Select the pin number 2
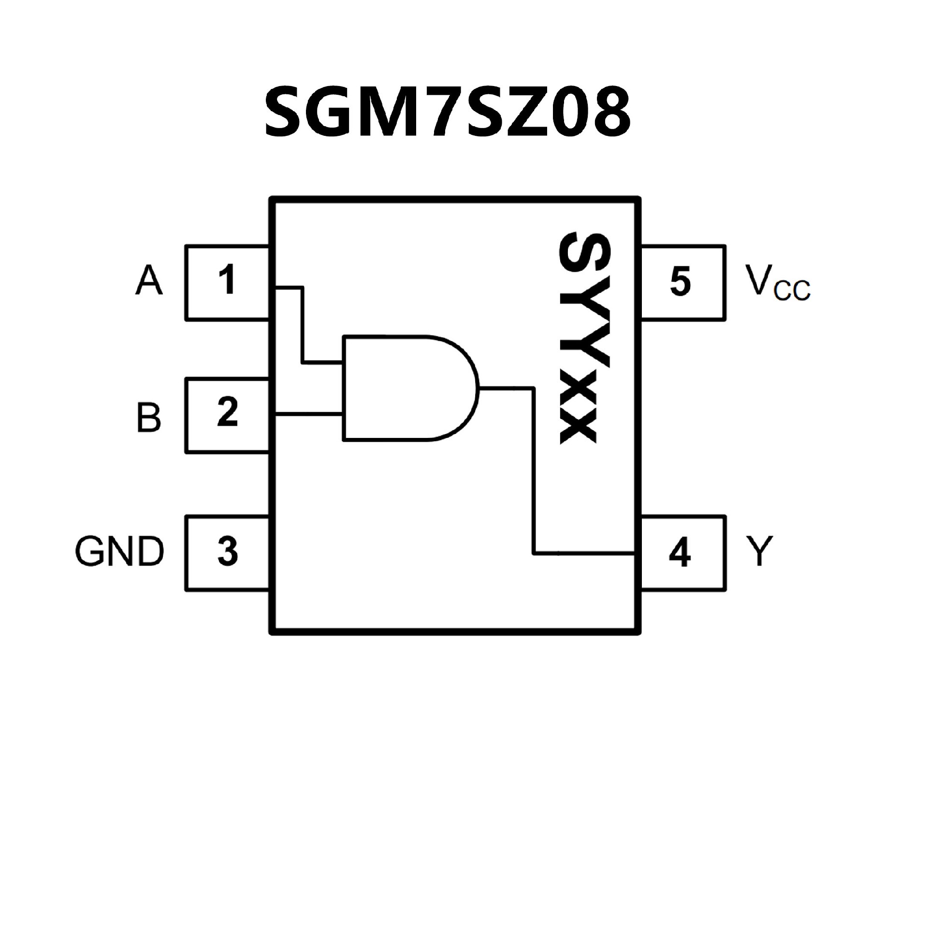tap(227, 412)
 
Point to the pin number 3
tap(227, 551)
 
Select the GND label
tap(119, 551)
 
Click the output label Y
tap(759, 551)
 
